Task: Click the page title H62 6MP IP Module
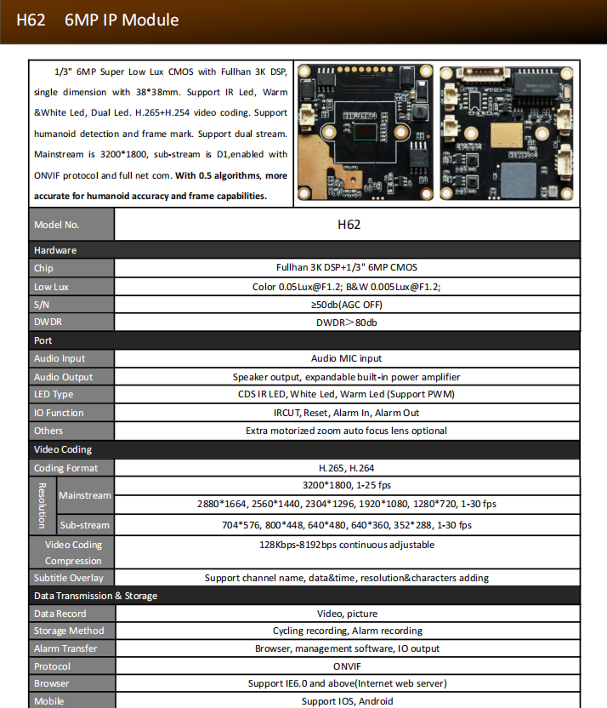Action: [98, 20]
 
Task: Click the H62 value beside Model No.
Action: [349, 225]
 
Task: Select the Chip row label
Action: [43, 268]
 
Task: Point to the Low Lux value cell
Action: [347, 287]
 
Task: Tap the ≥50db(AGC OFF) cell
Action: [347, 305]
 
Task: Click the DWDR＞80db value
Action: [347, 323]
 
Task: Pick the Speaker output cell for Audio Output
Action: [347, 377]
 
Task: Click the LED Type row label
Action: [54, 395]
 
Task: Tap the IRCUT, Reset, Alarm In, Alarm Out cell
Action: [347, 413]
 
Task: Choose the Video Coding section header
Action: [63, 449]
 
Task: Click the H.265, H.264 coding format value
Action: [347, 468]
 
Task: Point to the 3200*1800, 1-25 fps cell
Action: [347, 486]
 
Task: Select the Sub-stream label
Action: [84, 526]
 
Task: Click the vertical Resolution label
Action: [42, 505]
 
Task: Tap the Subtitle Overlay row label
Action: [68, 579]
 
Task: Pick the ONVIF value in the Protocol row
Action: [347, 666]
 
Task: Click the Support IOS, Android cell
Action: [347, 701]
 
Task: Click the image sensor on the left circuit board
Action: [366, 131]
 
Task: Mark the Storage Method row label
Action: [69, 631]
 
